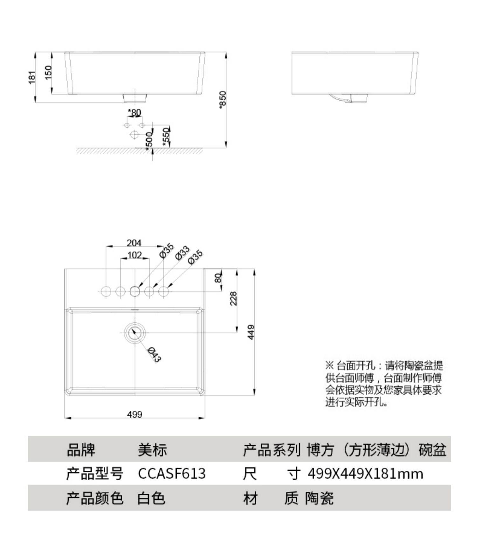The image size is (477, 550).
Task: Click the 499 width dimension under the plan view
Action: click(135, 414)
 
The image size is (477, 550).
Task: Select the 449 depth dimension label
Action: click(251, 332)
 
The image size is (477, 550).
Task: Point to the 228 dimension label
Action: click(233, 298)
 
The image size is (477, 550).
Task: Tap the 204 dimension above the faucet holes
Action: click(134, 243)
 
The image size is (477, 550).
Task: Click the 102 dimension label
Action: click(134, 255)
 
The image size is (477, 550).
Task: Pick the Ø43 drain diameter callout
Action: click(155, 355)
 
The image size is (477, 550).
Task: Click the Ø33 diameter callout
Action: click(182, 253)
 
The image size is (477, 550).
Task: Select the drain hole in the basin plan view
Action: click(135, 332)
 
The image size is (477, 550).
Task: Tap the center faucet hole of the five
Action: click(135, 291)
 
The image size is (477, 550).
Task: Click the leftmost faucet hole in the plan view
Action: click(106, 291)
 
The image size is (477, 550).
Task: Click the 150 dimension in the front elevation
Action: click(48, 73)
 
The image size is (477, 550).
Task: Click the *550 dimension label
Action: click(166, 137)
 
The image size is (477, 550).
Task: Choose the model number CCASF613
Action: click(172, 474)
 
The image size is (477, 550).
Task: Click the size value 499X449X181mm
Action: click(365, 474)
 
